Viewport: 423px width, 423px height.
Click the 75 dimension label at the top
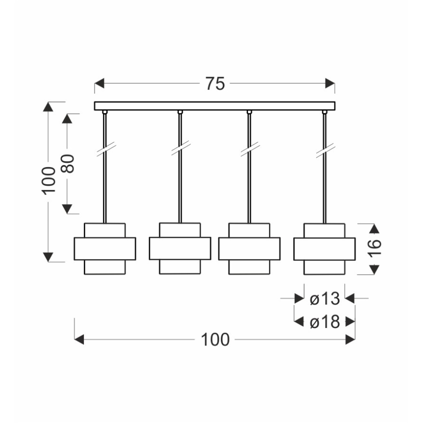(x=214, y=84)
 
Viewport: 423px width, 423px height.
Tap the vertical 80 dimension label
(x=69, y=163)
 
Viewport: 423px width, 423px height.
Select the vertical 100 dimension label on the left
(x=48, y=180)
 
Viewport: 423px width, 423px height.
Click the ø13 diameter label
(x=324, y=298)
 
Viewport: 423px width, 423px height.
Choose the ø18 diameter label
(x=324, y=322)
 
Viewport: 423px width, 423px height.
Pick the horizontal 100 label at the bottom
(x=214, y=340)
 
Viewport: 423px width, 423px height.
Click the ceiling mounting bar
(x=214, y=106)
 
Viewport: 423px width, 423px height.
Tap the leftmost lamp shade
(x=105, y=249)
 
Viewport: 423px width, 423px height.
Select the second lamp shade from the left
(x=180, y=248)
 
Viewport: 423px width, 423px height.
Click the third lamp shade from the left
(x=249, y=249)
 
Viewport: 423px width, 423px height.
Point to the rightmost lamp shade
(x=324, y=249)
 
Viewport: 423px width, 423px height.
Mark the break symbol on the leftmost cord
(x=105, y=149)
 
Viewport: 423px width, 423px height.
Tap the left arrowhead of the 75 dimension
(x=99, y=84)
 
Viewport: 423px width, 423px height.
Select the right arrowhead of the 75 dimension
(x=330, y=84)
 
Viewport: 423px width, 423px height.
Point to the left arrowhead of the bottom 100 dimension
(x=79, y=340)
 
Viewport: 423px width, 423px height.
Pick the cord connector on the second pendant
(x=180, y=113)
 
